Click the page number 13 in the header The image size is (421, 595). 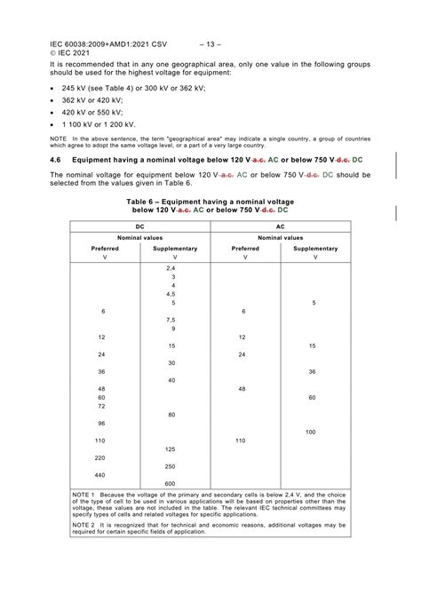210,43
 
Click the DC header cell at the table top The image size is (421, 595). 139,227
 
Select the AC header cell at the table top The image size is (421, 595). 281,227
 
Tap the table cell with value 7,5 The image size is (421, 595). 171,320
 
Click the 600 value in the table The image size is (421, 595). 171,483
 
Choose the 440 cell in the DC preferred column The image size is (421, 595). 101,475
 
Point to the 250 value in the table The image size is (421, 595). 171,466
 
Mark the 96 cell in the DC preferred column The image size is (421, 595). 101,424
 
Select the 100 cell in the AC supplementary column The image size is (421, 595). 311,432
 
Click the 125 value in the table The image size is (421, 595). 171,449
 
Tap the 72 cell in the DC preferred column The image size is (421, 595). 101,406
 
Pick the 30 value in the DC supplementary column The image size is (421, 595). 171,363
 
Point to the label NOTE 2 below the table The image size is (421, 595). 84,525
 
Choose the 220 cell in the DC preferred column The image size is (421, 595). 101,457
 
